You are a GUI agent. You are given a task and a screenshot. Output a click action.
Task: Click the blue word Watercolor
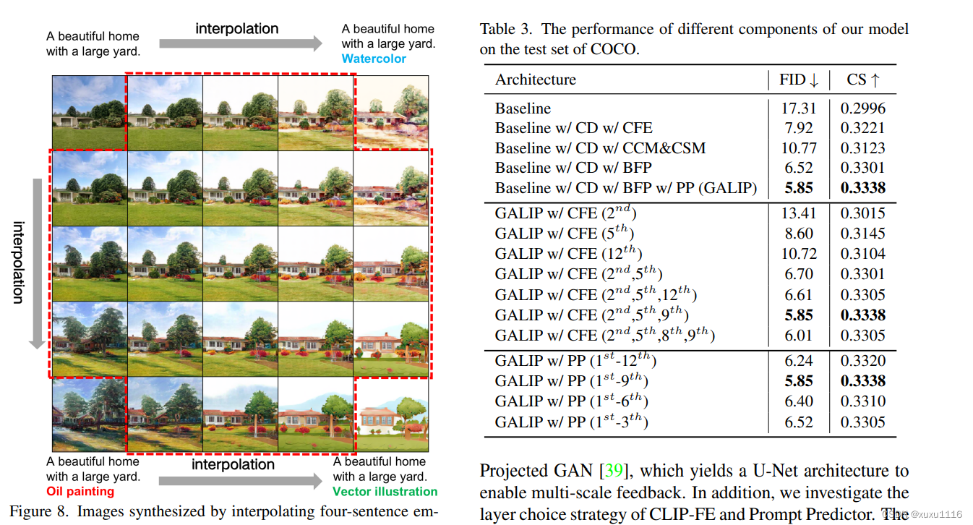click(x=374, y=59)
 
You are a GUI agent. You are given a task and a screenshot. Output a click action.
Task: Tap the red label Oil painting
click(x=80, y=492)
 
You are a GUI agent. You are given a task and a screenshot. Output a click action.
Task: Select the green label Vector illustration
click(x=385, y=492)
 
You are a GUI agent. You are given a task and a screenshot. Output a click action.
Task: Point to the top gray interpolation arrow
click(x=240, y=43)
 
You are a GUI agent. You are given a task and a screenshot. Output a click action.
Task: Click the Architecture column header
click(x=535, y=80)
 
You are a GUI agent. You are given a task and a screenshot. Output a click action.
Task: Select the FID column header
click(x=798, y=80)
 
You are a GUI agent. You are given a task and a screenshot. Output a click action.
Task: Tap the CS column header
click(x=862, y=80)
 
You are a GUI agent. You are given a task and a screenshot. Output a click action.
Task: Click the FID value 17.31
click(x=798, y=108)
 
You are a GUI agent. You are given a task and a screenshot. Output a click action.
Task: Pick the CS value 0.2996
click(x=862, y=108)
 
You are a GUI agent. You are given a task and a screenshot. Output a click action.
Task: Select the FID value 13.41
click(x=798, y=213)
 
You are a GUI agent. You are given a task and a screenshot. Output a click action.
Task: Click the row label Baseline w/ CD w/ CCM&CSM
click(x=600, y=148)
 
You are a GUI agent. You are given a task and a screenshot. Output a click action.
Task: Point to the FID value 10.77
click(x=798, y=148)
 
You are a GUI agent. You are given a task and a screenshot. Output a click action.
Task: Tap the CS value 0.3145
click(x=862, y=234)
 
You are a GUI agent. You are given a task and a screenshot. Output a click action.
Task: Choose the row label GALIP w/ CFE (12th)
click(x=568, y=254)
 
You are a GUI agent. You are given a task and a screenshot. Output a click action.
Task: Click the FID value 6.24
click(x=798, y=361)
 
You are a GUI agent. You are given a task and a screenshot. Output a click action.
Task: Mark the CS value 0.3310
click(x=862, y=401)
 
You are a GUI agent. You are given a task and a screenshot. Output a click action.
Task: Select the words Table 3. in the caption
click(x=506, y=30)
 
